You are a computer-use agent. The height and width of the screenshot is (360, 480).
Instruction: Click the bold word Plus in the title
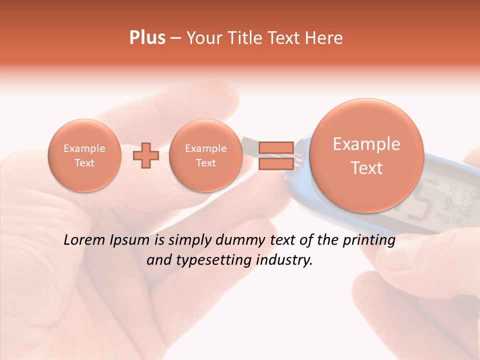click(x=147, y=38)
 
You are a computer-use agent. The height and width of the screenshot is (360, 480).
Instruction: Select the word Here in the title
click(x=324, y=38)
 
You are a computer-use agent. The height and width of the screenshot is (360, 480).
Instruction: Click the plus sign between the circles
click(x=146, y=155)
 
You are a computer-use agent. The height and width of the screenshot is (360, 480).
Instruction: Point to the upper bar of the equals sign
click(x=275, y=147)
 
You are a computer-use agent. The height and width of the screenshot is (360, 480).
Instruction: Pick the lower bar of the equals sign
click(x=275, y=163)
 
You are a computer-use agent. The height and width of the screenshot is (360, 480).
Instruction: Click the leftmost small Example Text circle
click(x=84, y=155)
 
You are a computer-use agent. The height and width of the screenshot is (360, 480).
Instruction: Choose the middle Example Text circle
click(x=205, y=155)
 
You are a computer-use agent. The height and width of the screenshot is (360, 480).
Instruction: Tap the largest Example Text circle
click(x=366, y=155)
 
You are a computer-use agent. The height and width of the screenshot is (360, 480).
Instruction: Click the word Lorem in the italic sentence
click(x=84, y=240)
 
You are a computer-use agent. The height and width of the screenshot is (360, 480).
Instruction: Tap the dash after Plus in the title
click(x=175, y=38)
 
